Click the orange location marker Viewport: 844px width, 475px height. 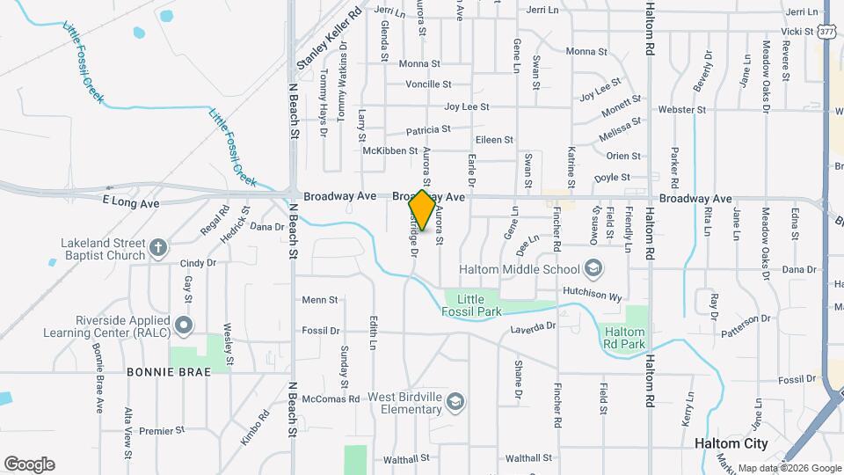point(422,210)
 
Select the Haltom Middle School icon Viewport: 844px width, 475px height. point(593,268)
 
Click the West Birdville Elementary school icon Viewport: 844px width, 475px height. point(455,403)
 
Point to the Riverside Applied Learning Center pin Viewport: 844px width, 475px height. point(184,326)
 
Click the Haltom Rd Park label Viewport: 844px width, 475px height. point(624,338)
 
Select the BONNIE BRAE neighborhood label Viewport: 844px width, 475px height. point(169,372)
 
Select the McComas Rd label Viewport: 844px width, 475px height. point(330,398)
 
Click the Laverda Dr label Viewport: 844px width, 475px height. point(534,326)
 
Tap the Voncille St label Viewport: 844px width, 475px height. point(428,84)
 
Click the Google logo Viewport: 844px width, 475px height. point(29,464)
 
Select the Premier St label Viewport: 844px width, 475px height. point(161,431)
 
